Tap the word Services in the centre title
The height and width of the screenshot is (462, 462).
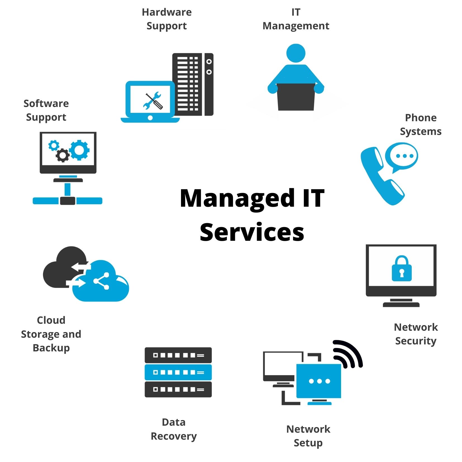click(252, 232)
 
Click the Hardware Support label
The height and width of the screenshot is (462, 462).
click(167, 19)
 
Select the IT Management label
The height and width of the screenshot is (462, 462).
click(296, 19)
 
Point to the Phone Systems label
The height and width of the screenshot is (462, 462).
click(421, 125)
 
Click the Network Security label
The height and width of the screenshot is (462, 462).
click(416, 334)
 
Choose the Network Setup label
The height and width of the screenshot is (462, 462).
click(308, 436)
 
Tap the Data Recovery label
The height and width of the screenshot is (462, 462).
click(174, 429)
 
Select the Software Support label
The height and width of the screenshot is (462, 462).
click(46, 110)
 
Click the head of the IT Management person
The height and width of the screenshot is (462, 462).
click(296, 53)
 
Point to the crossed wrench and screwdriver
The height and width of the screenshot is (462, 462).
click(153, 101)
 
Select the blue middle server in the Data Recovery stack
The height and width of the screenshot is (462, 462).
click(178, 372)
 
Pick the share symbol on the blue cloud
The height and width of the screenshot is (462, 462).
click(102, 281)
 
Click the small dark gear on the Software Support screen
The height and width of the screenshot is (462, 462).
click(63, 155)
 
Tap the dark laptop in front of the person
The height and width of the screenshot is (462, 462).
click(296, 97)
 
